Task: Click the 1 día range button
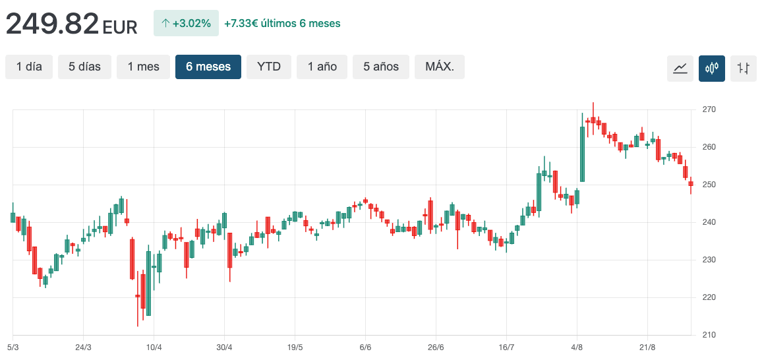pos(29,67)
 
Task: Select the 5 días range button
pos(84,67)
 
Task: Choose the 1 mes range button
pos(143,67)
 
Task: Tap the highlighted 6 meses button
pos(208,67)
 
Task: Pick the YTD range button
pos(269,67)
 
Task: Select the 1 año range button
pos(322,67)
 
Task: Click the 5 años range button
pos(381,67)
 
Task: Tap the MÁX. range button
pos(440,67)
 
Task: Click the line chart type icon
pos(680,69)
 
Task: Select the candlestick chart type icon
pos(712,69)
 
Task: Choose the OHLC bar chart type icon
pos(744,69)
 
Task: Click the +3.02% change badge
pos(186,23)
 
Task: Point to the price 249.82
pos(53,24)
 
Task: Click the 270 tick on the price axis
pos(709,109)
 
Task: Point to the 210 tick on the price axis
pos(709,335)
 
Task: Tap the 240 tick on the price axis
pos(709,222)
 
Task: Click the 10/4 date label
pos(154,347)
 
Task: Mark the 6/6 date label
pos(366,347)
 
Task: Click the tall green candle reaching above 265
pos(582,154)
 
